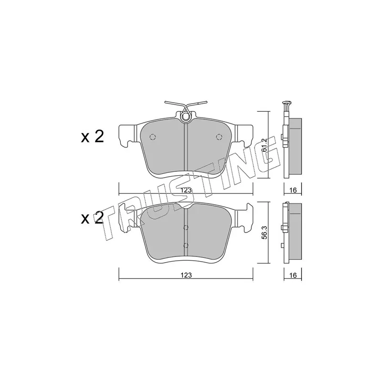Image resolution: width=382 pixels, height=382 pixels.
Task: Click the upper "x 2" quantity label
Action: click(x=92, y=137)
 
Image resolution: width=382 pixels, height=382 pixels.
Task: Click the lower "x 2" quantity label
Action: click(x=92, y=218)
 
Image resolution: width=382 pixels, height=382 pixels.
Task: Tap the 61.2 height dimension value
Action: click(x=265, y=145)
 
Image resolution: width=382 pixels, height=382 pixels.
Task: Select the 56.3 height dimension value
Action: click(x=265, y=233)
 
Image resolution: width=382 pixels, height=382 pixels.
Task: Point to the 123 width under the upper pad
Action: click(x=186, y=190)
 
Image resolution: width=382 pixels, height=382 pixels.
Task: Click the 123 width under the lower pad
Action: click(x=186, y=275)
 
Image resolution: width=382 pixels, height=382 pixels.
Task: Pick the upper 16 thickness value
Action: click(x=293, y=190)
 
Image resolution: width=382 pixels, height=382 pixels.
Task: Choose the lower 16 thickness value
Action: click(x=293, y=275)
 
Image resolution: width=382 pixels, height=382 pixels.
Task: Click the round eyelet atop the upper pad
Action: click(x=186, y=117)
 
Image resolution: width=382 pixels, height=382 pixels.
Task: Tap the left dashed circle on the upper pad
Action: click(x=153, y=137)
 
